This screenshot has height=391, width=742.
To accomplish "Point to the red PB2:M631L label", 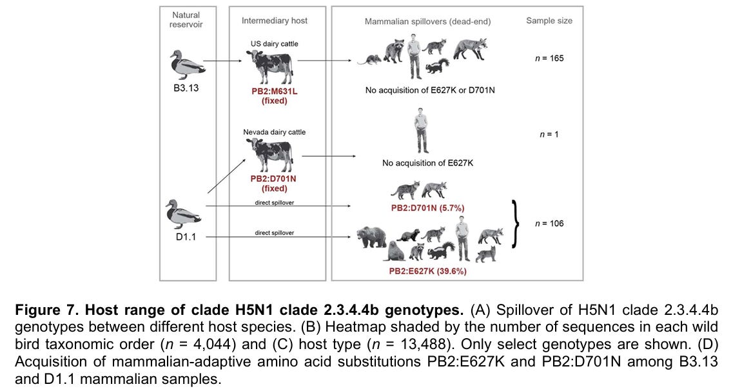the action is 274,91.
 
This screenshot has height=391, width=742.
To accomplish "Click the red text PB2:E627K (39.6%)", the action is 427,272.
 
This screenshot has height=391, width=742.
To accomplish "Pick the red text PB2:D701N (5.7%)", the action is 427,208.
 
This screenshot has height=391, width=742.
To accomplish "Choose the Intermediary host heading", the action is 274,21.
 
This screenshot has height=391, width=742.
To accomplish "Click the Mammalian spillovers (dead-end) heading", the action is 427,21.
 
